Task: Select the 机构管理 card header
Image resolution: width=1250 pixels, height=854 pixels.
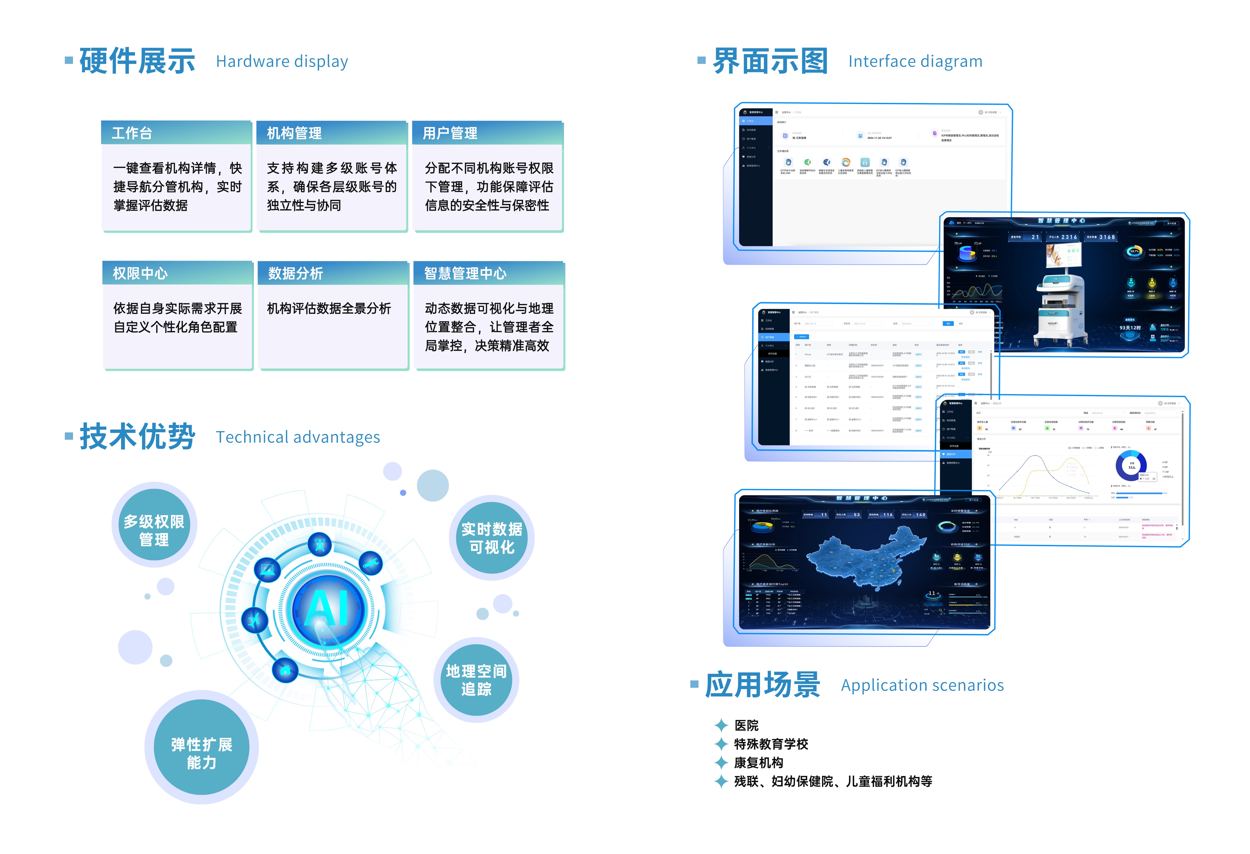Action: point(331,133)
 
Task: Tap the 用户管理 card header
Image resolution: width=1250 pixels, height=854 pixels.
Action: point(487,133)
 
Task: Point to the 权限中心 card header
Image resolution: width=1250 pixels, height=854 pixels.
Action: point(177,273)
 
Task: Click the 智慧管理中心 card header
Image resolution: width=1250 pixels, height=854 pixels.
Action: point(488,273)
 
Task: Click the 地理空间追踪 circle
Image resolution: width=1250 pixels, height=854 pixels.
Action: point(476,680)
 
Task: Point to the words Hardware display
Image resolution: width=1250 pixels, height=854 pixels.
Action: point(282,61)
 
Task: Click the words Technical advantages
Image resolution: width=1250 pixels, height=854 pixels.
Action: point(298,437)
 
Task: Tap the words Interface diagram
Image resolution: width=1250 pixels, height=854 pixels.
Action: point(915,61)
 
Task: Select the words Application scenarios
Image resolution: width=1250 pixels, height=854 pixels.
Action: point(922,685)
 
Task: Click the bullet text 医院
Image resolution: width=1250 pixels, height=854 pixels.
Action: point(747,726)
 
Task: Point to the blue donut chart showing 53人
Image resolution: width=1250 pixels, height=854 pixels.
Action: point(1131,466)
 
